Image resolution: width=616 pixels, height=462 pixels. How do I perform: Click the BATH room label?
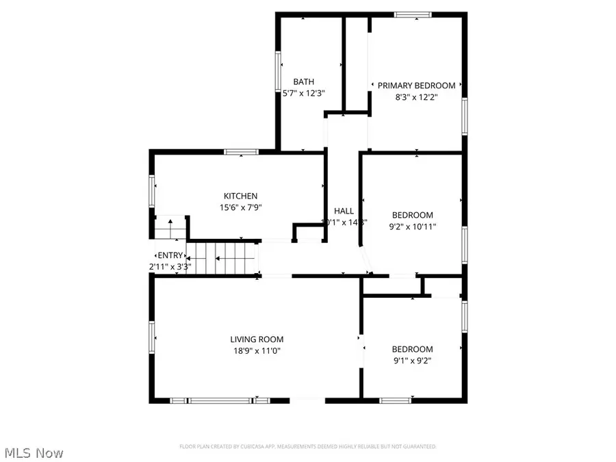pyautogui.click(x=303, y=81)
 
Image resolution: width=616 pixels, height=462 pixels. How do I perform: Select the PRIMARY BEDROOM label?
pyautogui.click(x=416, y=86)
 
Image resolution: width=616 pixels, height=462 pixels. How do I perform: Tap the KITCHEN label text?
pyautogui.click(x=244, y=195)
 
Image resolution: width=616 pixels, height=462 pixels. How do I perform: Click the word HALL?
pyautogui.click(x=344, y=211)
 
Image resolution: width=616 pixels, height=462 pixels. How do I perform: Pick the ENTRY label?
pyautogui.click(x=171, y=255)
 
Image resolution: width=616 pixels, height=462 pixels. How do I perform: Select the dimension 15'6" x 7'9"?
pyautogui.click(x=244, y=207)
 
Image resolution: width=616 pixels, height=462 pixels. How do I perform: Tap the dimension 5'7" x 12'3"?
pyautogui.click(x=303, y=94)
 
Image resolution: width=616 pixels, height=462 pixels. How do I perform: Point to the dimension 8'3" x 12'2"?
pyautogui.click(x=416, y=97)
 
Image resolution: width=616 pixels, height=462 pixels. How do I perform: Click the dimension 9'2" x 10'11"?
pyautogui.click(x=412, y=227)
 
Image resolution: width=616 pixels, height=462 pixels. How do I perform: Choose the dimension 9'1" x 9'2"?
pyautogui.click(x=412, y=361)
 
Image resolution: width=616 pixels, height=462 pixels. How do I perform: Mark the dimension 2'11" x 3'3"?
pyautogui.click(x=171, y=266)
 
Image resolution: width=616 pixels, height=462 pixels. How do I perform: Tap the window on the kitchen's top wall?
pyautogui.click(x=236, y=152)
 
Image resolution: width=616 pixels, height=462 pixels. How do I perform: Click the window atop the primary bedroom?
pyautogui.click(x=413, y=14)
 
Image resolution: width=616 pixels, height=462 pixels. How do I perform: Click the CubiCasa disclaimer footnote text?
pyautogui.click(x=307, y=446)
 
